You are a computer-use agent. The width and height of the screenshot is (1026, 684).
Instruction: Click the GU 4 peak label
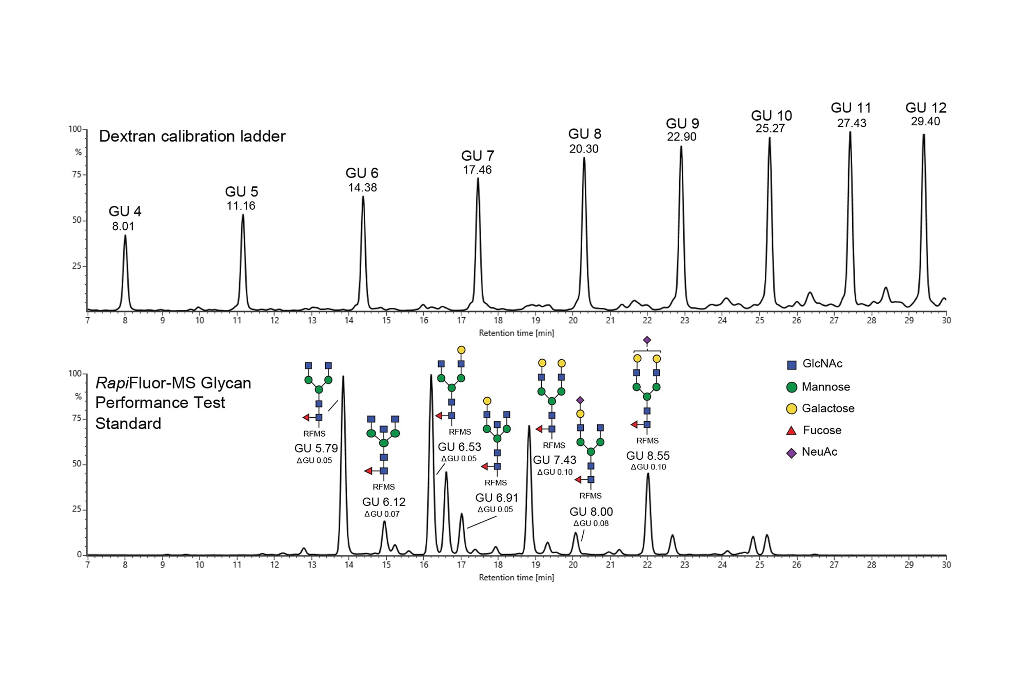[x=125, y=211]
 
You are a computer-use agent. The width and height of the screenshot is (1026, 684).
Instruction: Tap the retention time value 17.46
[x=477, y=170]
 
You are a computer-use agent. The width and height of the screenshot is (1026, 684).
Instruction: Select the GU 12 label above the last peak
[x=925, y=108]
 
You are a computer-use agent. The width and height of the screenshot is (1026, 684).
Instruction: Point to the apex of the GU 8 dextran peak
[x=584, y=158]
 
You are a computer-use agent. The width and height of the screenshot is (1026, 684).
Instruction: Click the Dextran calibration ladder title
[x=192, y=136]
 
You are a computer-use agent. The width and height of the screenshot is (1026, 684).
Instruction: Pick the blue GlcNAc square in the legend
[x=792, y=365]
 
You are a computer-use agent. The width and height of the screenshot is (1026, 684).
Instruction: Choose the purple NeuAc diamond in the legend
[x=792, y=453]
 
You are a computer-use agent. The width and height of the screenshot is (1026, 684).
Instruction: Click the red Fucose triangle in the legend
[x=792, y=431]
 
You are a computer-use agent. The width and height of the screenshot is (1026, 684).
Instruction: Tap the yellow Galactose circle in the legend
[x=792, y=409]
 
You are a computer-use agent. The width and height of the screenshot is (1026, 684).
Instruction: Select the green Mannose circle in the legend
[x=792, y=387]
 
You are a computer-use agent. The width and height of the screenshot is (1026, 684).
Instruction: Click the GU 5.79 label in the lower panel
[x=316, y=448]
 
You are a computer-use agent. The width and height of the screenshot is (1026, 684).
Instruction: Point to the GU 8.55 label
[x=647, y=456]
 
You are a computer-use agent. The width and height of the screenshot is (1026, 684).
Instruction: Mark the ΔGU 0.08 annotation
[x=591, y=523]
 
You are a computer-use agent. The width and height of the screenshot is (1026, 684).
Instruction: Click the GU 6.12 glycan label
[x=384, y=502]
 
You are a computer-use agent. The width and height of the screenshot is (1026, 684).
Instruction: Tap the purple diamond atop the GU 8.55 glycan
[x=647, y=340]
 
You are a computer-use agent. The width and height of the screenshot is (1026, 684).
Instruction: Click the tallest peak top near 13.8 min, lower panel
[x=343, y=377]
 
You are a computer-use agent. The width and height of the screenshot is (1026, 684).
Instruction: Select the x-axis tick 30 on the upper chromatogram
[x=946, y=320]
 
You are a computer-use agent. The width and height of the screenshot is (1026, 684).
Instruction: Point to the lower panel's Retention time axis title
[x=516, y=577]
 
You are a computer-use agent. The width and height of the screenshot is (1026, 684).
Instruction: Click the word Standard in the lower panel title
[x=128, y=424]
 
